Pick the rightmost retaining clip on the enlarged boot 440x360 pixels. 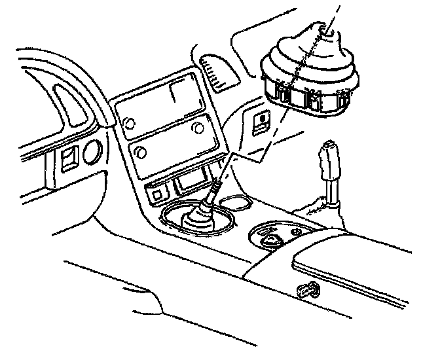(x=344, y=98)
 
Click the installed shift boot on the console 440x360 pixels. (x=196, y=219)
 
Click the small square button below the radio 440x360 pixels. (x=158, y=194)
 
